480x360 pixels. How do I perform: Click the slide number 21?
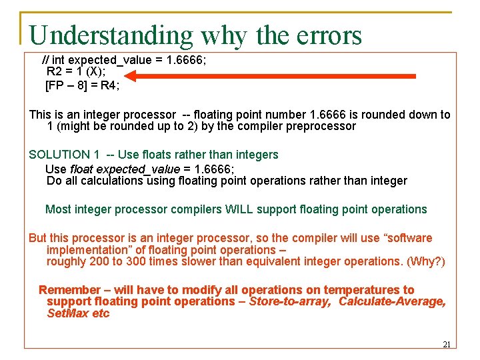447,345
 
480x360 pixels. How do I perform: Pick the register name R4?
109,85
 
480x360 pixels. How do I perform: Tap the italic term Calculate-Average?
392,301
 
